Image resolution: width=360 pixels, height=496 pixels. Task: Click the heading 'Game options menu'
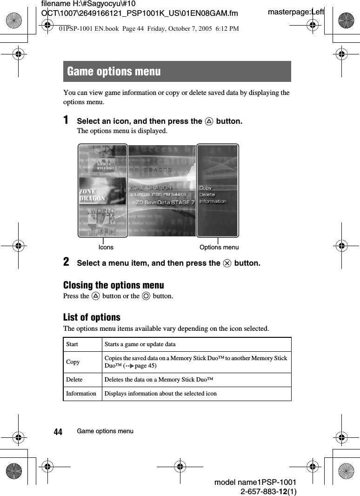coord(114,72)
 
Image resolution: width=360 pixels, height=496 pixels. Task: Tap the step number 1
coord(67,120)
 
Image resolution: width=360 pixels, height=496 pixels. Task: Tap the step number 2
coord(67,262)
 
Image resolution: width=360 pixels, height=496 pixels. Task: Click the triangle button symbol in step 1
coord(209,121)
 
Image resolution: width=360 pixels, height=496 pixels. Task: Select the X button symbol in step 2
coord(227,263)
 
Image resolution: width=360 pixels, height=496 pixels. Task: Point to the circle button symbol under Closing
coord(147,296)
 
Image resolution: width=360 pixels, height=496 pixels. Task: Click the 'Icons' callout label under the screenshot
coord(106,247)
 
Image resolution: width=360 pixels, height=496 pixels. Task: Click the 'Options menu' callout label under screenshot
coord(219,247)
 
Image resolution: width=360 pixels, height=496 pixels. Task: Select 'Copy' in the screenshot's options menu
coord(205,188)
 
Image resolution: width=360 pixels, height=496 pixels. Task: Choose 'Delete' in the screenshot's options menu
coord(207,194)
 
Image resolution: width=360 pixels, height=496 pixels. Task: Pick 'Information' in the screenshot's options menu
coord(213,201)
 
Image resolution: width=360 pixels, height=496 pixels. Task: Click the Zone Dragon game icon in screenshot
coord(102,191)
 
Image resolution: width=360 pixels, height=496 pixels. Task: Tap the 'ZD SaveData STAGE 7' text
coord(165,202)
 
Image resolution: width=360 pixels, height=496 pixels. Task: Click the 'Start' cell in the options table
coord(72,344)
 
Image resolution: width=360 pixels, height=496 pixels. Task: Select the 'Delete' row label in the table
coord(74,380)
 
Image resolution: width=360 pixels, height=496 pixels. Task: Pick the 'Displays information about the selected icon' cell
coord(160,394)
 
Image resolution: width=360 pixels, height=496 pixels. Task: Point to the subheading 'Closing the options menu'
coord(113,285)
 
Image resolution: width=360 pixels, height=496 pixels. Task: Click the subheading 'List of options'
coord(92,317)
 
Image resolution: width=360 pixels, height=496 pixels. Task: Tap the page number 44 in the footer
coord(58,432)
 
